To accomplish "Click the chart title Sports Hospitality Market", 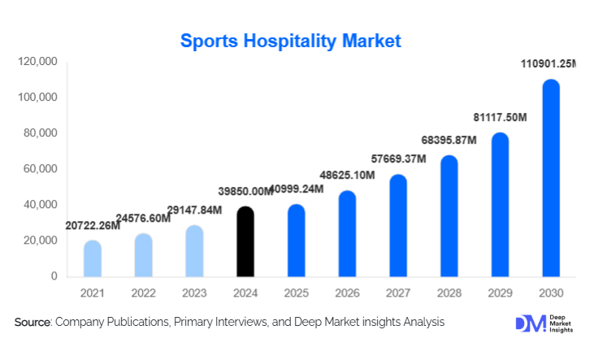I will click(x=290, y=41).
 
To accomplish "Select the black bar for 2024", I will click(x=245, y=242).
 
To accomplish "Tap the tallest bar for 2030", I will click(x=550, y=179).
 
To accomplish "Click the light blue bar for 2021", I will click(x=93, y=258).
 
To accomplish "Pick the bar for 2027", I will click(x=397, y=226).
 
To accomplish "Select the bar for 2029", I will click(x=499, y=205).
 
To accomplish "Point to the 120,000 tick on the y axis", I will click(x=37, y=62).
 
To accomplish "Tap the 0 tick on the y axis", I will click(x=54, y=276).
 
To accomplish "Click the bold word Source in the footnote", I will click(x=33, y=323).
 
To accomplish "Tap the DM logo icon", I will click(x=530, y=323).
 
